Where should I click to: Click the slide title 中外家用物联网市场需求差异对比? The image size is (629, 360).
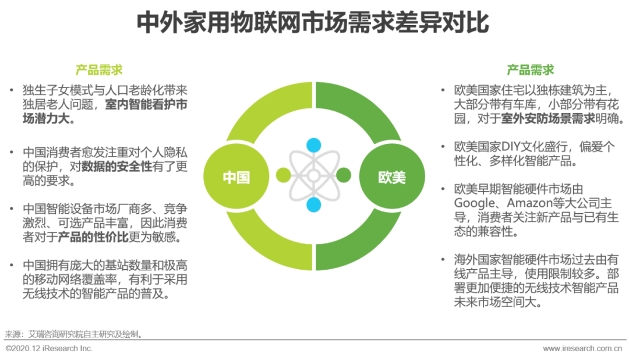[x=314, y=24]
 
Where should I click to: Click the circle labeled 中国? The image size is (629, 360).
[x=236, y=175]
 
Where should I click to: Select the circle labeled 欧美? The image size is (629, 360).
[x=391, y=175]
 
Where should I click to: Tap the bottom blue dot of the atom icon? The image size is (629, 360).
[x=314, y=204]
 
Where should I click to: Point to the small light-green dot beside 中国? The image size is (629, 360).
[x=283, y=175]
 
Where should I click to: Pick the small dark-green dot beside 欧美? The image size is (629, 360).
[x=344, y=175]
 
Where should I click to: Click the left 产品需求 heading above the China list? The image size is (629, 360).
[x=99, y=70]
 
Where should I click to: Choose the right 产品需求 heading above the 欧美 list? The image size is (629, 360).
[x=530, y=70]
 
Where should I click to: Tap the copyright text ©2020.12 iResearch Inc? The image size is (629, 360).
[x=48, y=348]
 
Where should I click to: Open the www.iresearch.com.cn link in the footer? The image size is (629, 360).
[x=582, y=348]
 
